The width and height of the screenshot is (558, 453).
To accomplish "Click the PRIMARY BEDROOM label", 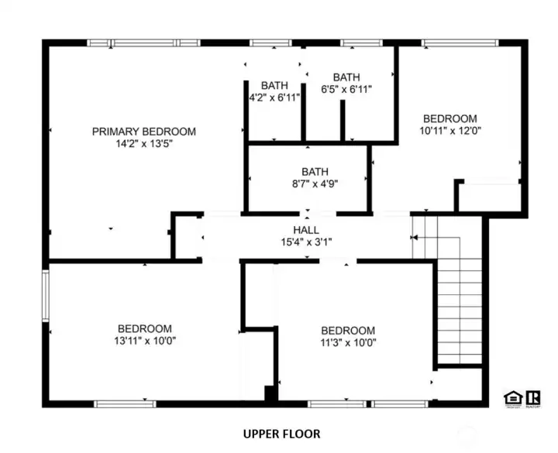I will pos(144,132).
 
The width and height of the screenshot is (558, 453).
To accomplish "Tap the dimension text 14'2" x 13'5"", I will pos(144,144).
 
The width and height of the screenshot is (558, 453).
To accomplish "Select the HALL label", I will pos(306,231).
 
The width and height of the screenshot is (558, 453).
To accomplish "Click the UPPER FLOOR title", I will pos(281,434).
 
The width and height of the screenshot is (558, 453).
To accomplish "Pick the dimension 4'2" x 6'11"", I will pos(274,98).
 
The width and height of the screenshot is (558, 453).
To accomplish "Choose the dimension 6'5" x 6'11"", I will pos(346,89).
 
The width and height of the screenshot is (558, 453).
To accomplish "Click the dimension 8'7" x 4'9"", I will pos(315,184).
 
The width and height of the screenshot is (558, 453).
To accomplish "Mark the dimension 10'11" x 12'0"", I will pos(449,131).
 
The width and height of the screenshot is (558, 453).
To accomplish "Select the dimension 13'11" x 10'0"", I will pos(145,341).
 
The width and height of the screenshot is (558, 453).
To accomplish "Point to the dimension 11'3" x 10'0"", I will pos(348,342).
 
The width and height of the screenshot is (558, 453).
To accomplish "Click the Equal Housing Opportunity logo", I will pos(511,398).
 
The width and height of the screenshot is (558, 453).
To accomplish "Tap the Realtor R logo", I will pos(533,398).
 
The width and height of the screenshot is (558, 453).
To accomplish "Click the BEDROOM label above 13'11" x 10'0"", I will pos(145,329).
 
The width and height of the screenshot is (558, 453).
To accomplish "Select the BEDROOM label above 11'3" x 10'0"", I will pos(348,331).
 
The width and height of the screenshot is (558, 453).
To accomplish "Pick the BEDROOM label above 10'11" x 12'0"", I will pos(449,118).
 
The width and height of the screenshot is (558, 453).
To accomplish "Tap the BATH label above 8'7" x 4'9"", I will pos(315,172).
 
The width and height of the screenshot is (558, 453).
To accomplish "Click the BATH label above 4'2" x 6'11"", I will pos(274,86).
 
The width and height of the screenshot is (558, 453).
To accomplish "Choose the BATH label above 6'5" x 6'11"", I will pos(346,77).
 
